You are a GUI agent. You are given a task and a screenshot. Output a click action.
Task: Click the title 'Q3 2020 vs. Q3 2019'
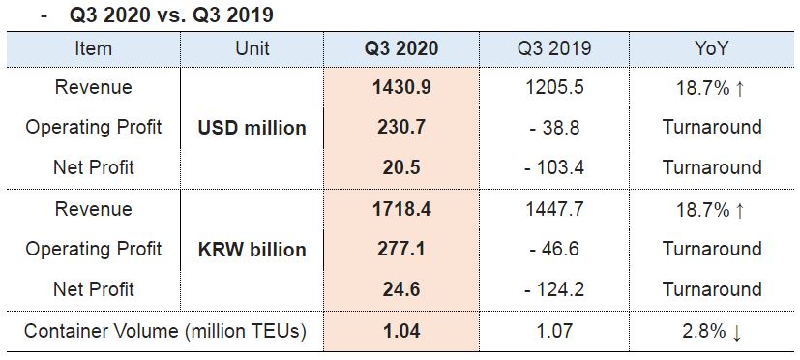tap(171, 15)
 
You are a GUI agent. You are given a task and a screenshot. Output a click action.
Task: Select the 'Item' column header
tap(93, 48)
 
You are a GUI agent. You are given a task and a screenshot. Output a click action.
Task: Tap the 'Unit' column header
tap(252, 48)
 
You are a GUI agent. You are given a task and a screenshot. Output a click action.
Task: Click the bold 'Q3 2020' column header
tap(401, 48)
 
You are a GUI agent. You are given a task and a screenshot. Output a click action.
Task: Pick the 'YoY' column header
tap(711, 48)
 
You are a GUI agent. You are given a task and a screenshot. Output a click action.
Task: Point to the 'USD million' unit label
tap(252, 128)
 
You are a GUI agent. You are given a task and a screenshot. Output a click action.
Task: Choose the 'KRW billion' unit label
tap(252, 250)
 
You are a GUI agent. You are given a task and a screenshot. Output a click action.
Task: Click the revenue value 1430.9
tap(401, 87)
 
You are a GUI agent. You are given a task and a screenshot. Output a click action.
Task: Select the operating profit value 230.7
tap(401, 127)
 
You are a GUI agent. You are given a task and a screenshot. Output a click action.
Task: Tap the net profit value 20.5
tap(401, 167)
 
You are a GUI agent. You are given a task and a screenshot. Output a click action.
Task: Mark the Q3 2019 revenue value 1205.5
tap(554, 87)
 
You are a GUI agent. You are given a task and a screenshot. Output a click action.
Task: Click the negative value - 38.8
tap(554, 127)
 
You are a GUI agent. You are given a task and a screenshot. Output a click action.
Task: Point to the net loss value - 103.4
tap(554, 167)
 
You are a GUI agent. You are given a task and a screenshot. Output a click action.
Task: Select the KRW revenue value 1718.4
tap(401, 209)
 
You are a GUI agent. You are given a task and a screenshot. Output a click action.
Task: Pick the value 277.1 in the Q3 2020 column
tap(401, 249)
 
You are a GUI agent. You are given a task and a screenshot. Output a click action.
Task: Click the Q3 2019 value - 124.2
tap(554, 289)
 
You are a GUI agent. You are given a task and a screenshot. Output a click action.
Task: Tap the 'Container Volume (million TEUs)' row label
tap(165, 331)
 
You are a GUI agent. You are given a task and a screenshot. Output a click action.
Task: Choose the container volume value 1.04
tap(401, 331)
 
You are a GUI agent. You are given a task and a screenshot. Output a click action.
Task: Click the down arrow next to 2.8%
tap(736, 333)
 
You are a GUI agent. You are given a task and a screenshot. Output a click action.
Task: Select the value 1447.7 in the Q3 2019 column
tap(554, 209)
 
